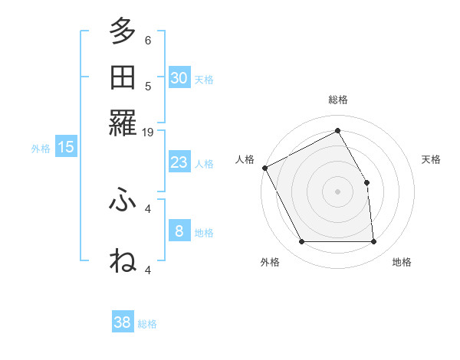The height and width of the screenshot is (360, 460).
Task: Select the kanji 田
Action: coord(123,78)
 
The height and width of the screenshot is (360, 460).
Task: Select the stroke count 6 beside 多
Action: coord(148,40)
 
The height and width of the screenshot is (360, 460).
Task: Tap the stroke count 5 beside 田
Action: coord(148,86)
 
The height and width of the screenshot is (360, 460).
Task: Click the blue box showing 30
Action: coord(179,78)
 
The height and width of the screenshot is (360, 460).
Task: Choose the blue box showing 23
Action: coord(179,162)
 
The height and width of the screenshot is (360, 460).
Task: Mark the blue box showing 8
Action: coord(179,231)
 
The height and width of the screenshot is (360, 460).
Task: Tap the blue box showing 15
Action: coord(66,147)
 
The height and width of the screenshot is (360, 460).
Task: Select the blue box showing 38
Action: coord(123,323)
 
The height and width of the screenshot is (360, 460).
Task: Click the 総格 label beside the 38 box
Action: coord(147,324)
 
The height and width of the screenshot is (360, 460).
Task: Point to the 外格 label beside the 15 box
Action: coord(41,149)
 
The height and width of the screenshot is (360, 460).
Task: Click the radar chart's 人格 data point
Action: coord(264,168)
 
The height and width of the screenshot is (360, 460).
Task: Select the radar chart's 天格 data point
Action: coord(366,182)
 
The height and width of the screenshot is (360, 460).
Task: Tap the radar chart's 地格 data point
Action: coord(374,242)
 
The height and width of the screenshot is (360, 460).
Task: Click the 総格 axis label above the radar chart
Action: coord(337,100)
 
